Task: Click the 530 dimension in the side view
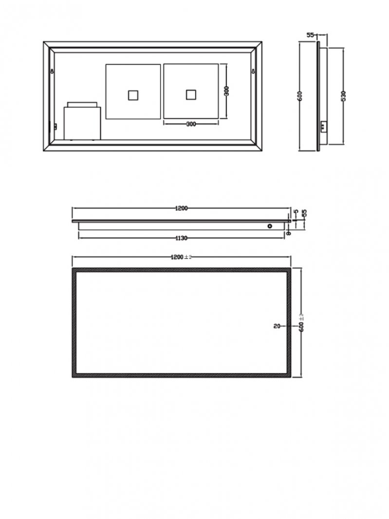point(344,95)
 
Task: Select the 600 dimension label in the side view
point(301,95)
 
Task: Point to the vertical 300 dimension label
point(226,91)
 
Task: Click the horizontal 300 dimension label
point(191,124)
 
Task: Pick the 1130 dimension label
point(181,238)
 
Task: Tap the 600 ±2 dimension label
point(301,323)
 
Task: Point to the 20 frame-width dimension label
point(277,327)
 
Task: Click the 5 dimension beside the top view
point(296,212)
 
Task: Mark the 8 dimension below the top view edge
point(289,233)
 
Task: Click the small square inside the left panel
point(133,94)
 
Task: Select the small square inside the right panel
point(191,94)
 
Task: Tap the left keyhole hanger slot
point(52,72)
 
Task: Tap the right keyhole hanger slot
point(253,72)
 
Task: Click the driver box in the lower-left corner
point(82,123)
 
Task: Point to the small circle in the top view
point(269,226)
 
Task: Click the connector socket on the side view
point(323,126)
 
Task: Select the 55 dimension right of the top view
point(304,214)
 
